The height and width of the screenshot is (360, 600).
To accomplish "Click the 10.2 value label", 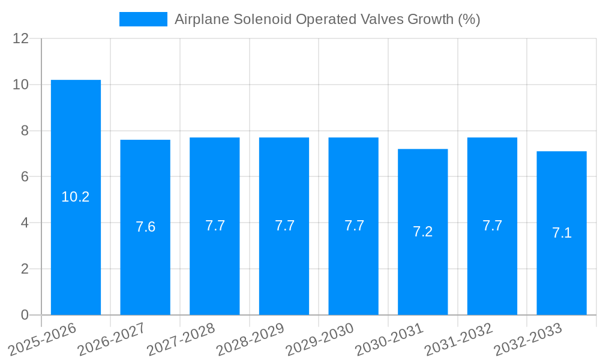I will pyautogui.click(x=76, y=197).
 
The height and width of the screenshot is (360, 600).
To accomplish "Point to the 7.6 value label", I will pyautogui.click(x=145, y=227).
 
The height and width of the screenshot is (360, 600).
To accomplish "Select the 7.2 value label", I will pyautogui.click(x=423, y=232).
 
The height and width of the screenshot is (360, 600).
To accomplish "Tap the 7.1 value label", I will pyautogui.click(x=562, y=233).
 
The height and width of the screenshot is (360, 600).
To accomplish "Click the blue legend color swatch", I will pyautogui.click(x=143, y=19).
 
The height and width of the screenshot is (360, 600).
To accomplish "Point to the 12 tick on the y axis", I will pyautogui.click(x=21, y=38).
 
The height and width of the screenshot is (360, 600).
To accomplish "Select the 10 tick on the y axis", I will pyautogui.click(x=21, y=85).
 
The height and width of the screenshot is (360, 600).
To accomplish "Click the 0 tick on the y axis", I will pyautogui.click(x=25, y=315).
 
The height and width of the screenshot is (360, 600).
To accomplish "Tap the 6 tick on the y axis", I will pyautogui.click(x=25, y=177).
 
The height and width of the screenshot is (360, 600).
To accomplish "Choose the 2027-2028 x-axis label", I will pyautogui.click(x=181, y=339).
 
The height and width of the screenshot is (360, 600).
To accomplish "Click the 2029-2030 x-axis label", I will pyautogui.click(x=319, y=339).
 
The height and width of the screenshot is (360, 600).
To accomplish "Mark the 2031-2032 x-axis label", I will pyautogui.click(x=458, y=339).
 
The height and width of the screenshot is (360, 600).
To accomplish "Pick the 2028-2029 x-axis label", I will pyautogui.click(x=250, y=339).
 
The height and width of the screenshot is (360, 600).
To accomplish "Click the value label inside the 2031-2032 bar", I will pyautogui.click(x=492, y=226).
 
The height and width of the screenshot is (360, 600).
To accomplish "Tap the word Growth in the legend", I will pyautogui.click(x=430, y=19).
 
